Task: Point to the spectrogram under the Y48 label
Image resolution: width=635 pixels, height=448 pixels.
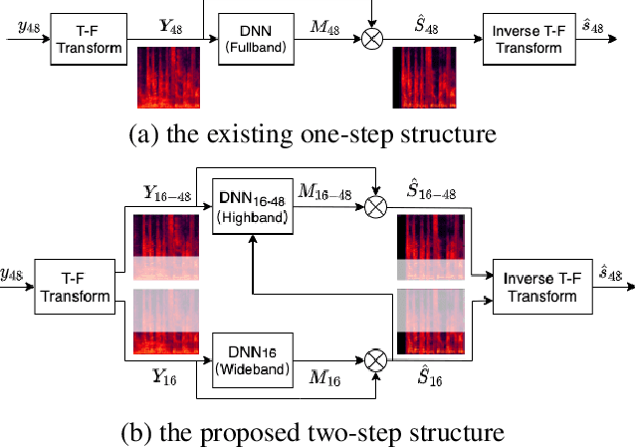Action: click(168, 77)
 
